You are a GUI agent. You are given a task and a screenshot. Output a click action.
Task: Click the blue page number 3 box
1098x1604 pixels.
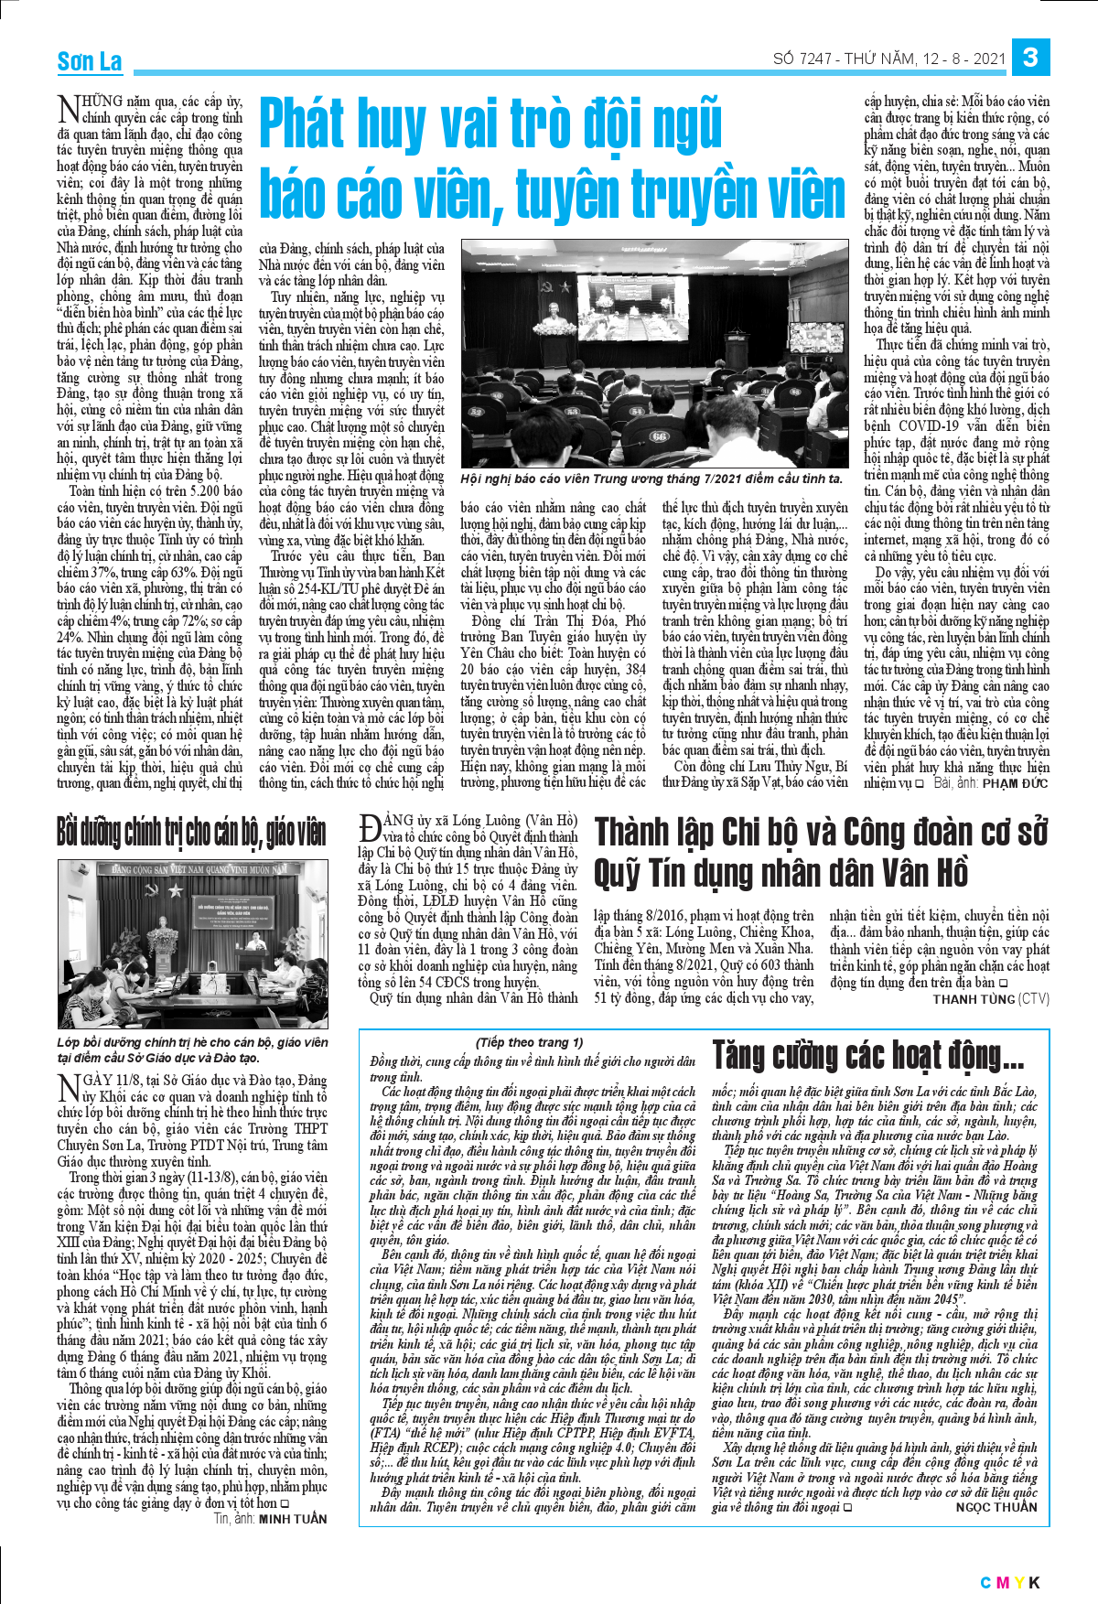1030,58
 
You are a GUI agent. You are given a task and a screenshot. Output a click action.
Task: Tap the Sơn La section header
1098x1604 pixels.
90,61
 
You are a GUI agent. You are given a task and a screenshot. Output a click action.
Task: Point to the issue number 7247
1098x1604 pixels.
815,59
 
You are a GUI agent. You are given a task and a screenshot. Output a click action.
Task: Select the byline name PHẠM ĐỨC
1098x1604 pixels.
1015,783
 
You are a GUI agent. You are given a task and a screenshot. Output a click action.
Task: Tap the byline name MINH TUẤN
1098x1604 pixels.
293,1519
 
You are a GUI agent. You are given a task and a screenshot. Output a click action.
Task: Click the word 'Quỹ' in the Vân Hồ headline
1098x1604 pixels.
619,873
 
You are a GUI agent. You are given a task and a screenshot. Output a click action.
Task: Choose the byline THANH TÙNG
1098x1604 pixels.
974,999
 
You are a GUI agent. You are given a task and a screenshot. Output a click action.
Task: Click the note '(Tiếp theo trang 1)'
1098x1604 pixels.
529,1042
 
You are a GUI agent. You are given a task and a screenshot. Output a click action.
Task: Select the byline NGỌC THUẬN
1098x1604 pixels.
996,1507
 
